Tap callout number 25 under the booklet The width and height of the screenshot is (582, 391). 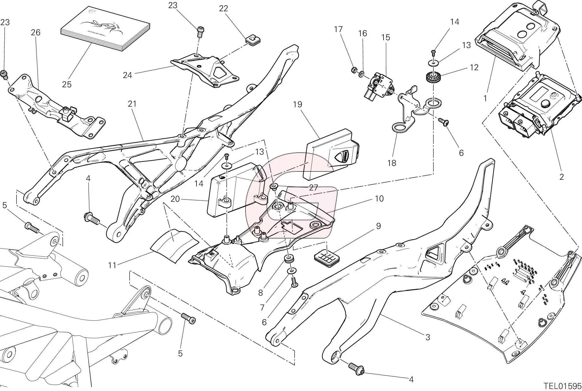(67, 84)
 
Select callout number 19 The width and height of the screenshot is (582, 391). (297, 104)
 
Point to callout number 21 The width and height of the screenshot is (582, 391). (132, 104)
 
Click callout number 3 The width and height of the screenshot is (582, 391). (428, 337)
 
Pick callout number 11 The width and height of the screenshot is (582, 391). (112, 265)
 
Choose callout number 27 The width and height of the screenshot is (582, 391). (313, 188)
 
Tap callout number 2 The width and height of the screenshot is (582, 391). (561, 177)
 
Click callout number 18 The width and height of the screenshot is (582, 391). (392, 163)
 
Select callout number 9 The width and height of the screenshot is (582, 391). (378, 226)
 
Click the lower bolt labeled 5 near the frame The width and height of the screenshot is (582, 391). (188, 318)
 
